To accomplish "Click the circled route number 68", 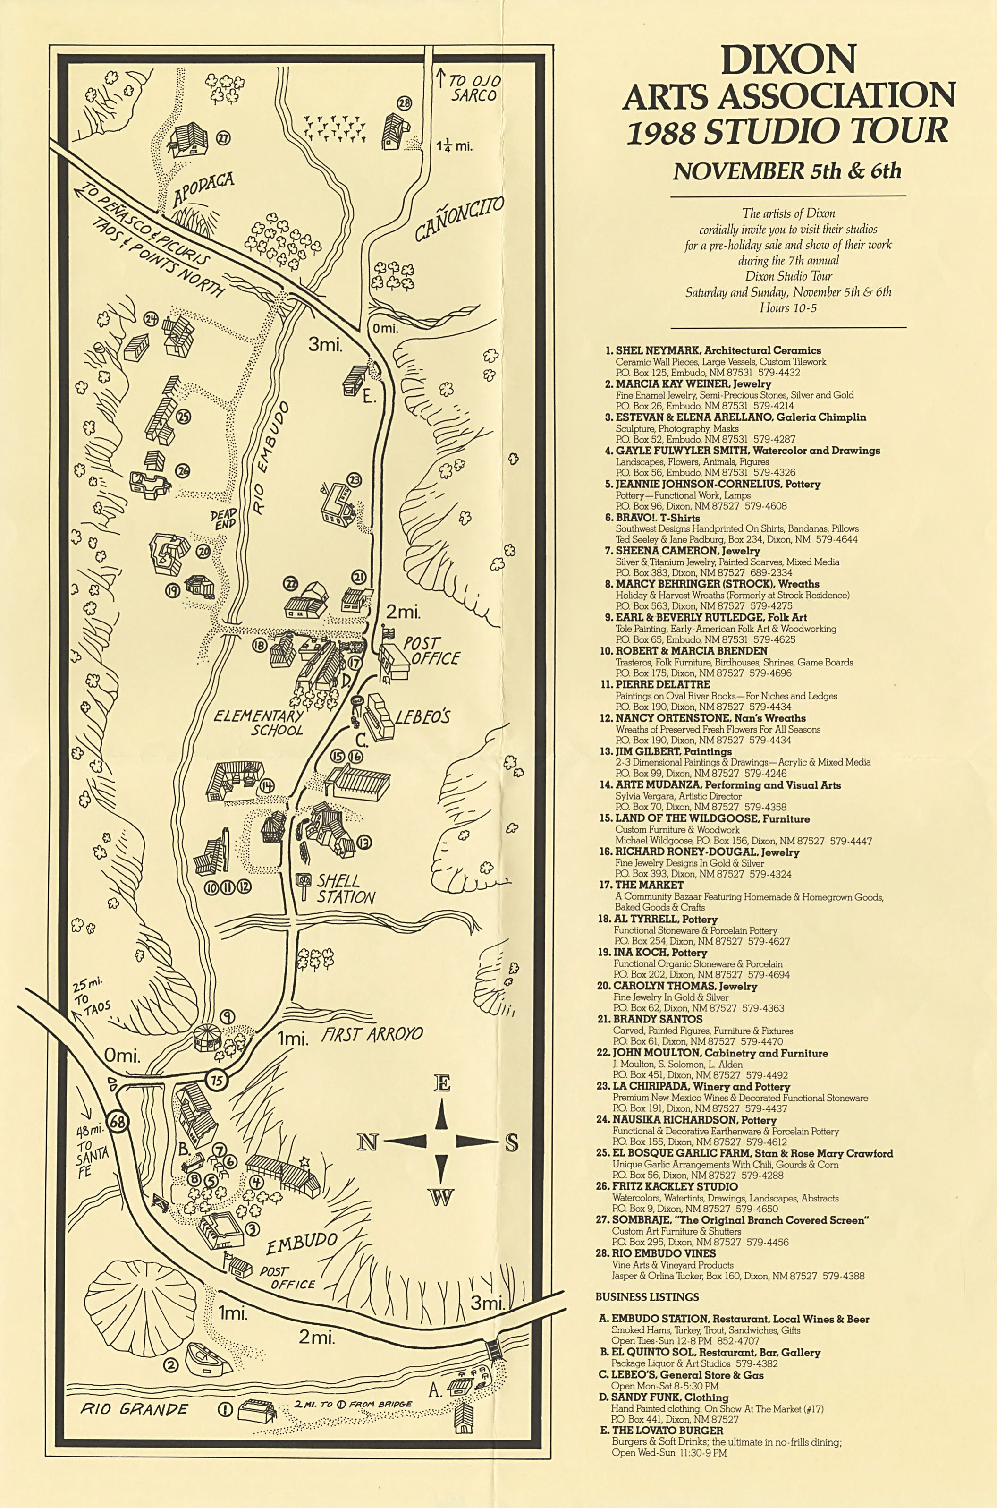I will (117, 1122).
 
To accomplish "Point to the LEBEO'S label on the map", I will (422, 717).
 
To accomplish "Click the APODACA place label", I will (203, 190).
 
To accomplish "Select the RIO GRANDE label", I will (134, 1409).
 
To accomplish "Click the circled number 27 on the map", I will (223, 137).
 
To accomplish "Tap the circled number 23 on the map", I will (354, 480).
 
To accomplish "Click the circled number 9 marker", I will (227, 1016).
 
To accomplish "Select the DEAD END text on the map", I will (224, 519).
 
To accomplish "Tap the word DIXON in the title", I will (788, 60).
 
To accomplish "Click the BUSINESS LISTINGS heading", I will (647, 1297).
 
